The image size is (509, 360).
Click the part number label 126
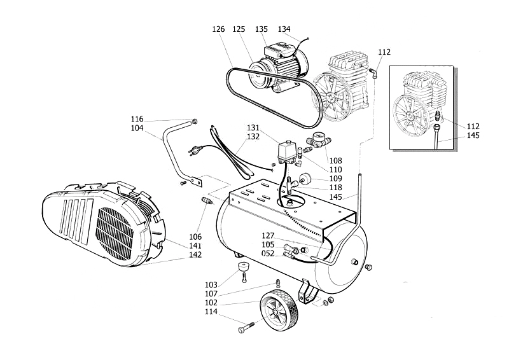click(x=219, y=29)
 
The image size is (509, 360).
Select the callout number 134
click(x=284, y=29)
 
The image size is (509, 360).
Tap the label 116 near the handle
click(x=137, y=119)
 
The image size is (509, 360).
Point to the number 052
click(x=268, y=254)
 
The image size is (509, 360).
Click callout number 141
click(x=195, y=246)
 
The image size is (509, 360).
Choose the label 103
click(x=211, y=284)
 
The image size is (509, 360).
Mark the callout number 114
click(x=211, y=312)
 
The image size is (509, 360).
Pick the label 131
click(x=253, y=127)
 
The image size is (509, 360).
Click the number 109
click(x=336, y=179)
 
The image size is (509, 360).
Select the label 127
click(x=268, y=235)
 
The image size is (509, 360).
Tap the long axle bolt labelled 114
click(x=247, y=329)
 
